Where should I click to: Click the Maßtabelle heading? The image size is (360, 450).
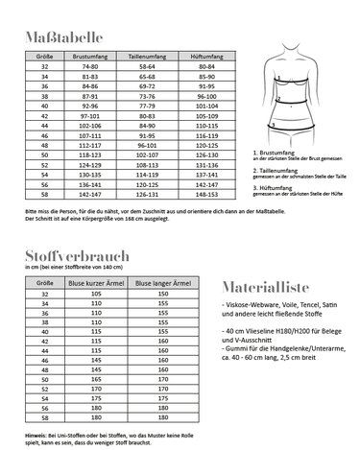coord(56,40)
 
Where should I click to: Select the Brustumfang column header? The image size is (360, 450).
coord(91,57)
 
